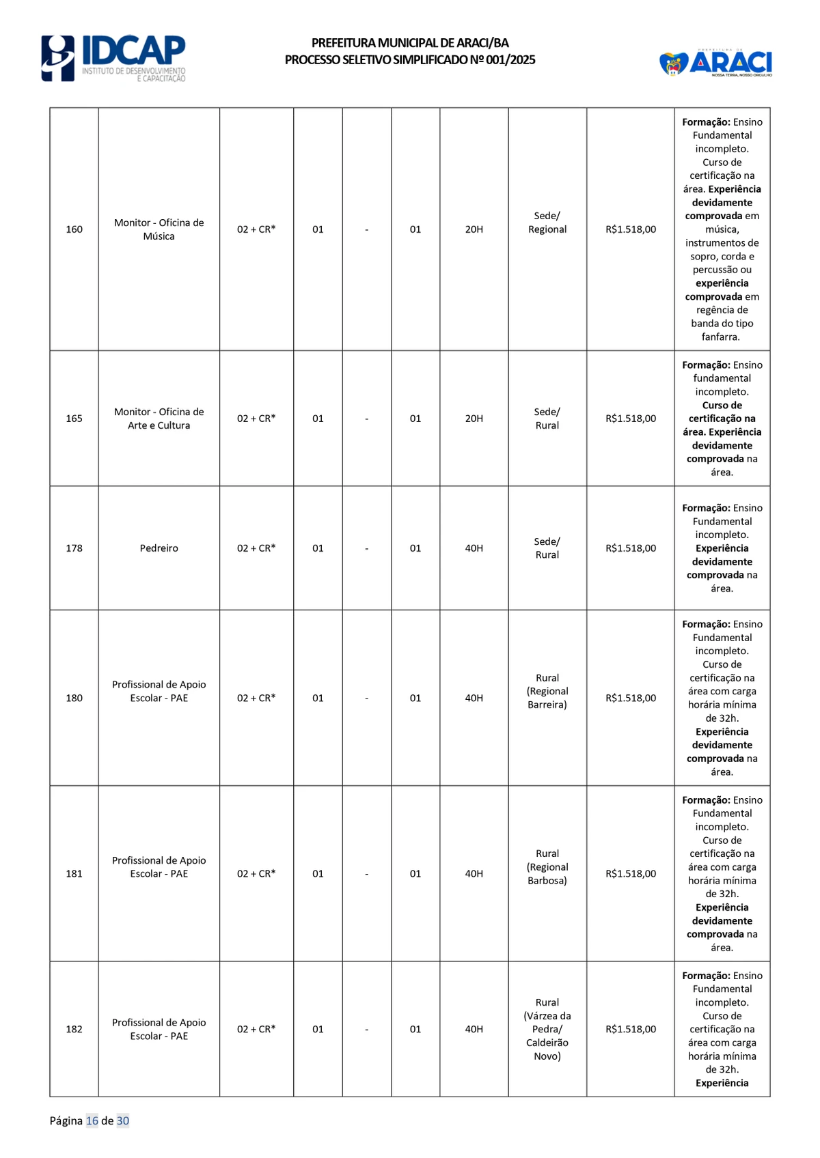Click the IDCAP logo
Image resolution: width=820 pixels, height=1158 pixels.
(113, 58)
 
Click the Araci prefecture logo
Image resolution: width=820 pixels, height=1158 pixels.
(715, 63)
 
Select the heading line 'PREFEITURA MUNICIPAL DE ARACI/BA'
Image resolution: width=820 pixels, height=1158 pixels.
(410, 43)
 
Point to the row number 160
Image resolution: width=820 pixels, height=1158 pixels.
(74, 229)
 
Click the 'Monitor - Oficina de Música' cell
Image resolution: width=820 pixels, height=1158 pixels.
(159, 229)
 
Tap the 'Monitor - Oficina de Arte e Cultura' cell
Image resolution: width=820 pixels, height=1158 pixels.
(159, 419)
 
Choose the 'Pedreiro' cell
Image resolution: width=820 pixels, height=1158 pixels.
(159, 548)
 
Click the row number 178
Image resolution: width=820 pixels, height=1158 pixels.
(74, 548)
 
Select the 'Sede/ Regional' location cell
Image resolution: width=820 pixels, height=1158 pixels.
(547, 223)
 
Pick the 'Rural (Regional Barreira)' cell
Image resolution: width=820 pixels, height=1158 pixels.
(547, 691)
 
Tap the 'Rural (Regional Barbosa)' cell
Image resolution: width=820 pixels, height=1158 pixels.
(547, 867)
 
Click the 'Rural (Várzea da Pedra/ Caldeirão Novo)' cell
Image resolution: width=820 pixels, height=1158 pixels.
(547, 1029)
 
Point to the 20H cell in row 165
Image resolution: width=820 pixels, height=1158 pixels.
(474, 419)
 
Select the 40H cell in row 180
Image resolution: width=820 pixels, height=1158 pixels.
(474, 698)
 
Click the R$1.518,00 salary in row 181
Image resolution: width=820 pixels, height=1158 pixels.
(630, 874)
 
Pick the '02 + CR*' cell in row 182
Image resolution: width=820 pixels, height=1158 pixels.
(256, 1029)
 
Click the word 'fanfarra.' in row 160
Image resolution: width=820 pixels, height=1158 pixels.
(721, 337)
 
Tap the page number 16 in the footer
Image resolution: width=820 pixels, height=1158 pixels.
(92, 1120)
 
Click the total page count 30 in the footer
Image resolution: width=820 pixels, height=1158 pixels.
(123, 1120)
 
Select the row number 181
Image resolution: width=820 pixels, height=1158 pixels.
(74, 874)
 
